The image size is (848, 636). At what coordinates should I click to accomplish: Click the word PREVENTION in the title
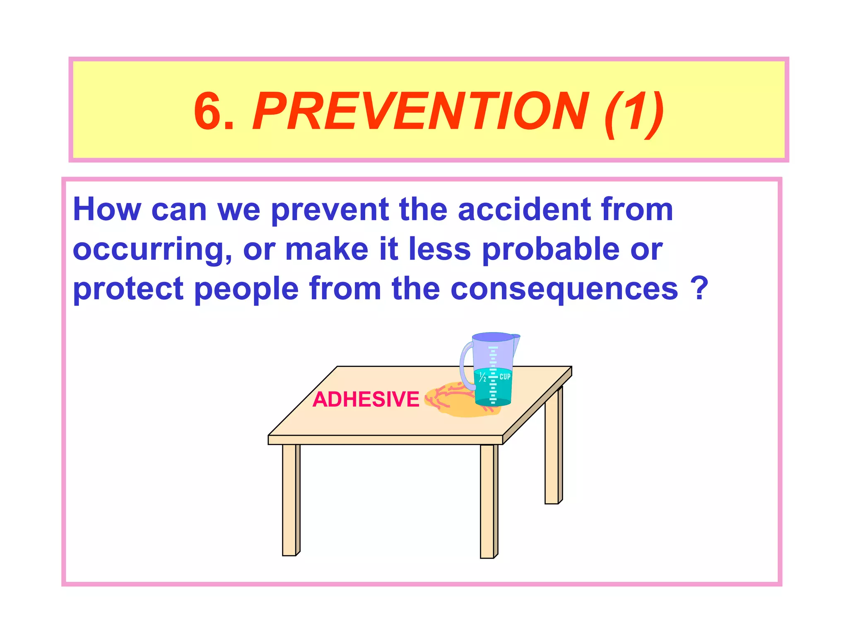click(x=420, y=111)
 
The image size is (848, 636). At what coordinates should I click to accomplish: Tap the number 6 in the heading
click(x=209, y=111)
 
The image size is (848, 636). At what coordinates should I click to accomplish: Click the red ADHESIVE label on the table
click(x=366, y=400)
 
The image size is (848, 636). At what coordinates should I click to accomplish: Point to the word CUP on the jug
click(x=505, y=377)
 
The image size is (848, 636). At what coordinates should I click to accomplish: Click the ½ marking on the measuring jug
click(x=482, y=377)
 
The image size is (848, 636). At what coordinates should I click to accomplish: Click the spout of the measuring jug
click(x=516, y=342)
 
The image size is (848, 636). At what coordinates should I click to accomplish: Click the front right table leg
click(x=488, y=501)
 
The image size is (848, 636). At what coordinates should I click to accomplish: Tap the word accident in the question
click(x=524, y=210)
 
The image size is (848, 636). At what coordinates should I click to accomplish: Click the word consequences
click(x=564, y=289)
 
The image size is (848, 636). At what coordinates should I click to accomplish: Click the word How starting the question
click(x=107, y=210)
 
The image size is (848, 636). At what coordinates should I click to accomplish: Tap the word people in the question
click(x=246, y=289)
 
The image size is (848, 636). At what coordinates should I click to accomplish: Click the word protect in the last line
click(x=128, y=289)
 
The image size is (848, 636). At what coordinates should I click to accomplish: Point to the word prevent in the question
click(x=330, y=210)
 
